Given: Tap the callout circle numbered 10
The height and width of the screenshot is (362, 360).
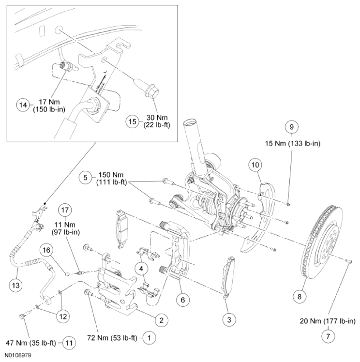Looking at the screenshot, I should point(256,165).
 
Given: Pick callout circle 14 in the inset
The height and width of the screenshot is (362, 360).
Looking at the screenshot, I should point(22,104).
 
